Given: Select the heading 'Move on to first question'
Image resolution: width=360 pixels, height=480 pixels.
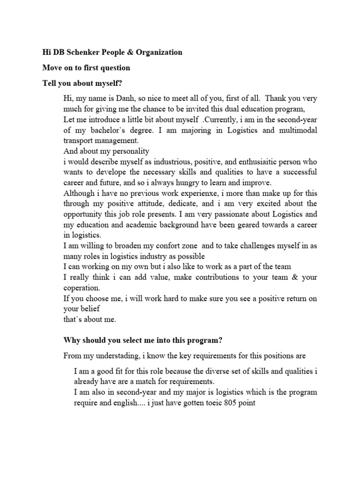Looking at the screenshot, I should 86,67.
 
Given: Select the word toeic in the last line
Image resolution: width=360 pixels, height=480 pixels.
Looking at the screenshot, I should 213,403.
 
